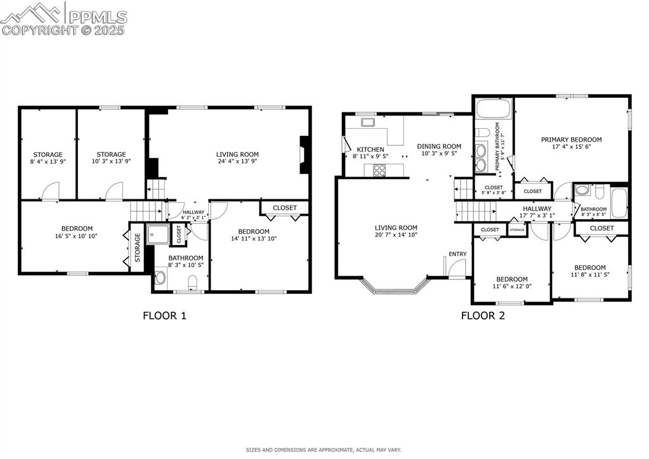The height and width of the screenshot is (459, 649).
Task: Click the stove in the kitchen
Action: [380, 170]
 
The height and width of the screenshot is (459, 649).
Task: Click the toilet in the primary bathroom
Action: [482, 133]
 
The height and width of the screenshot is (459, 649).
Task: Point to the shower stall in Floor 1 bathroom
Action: [157, 235]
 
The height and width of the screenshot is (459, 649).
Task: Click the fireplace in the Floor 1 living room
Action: [305, 154]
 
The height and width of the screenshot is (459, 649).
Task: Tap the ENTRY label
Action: [457, 254]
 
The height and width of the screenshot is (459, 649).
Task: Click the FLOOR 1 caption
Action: [164, 315]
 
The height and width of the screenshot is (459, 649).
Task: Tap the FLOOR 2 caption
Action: [483, 315]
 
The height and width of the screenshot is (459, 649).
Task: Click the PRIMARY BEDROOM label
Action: [571, 140]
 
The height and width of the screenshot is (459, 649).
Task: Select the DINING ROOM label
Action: [439, 146]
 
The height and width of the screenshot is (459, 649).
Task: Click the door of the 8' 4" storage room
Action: [50, 191]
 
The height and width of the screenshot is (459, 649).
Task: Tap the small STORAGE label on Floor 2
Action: [517, 230]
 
